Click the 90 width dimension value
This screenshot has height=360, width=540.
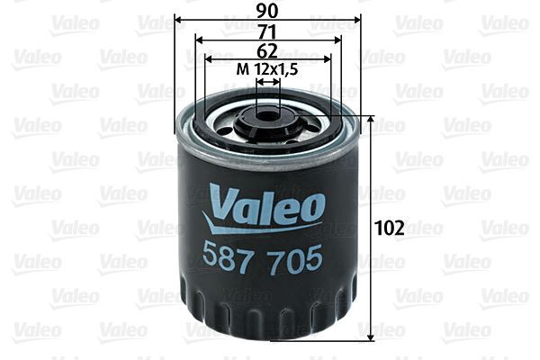[267, 10]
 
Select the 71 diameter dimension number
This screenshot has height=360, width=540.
[267, 31]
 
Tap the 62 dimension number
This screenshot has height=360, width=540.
[267, 50]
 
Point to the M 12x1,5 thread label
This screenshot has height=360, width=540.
[267, 69]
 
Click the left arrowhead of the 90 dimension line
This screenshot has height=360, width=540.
[177, 20]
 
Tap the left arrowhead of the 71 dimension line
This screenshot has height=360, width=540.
[200, 40]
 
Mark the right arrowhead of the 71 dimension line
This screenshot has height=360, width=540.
[337, 40]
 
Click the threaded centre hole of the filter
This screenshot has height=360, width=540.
[267, 114]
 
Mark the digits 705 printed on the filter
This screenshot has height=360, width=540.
[296, 258]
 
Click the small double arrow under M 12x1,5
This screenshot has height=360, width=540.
[267, 81]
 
